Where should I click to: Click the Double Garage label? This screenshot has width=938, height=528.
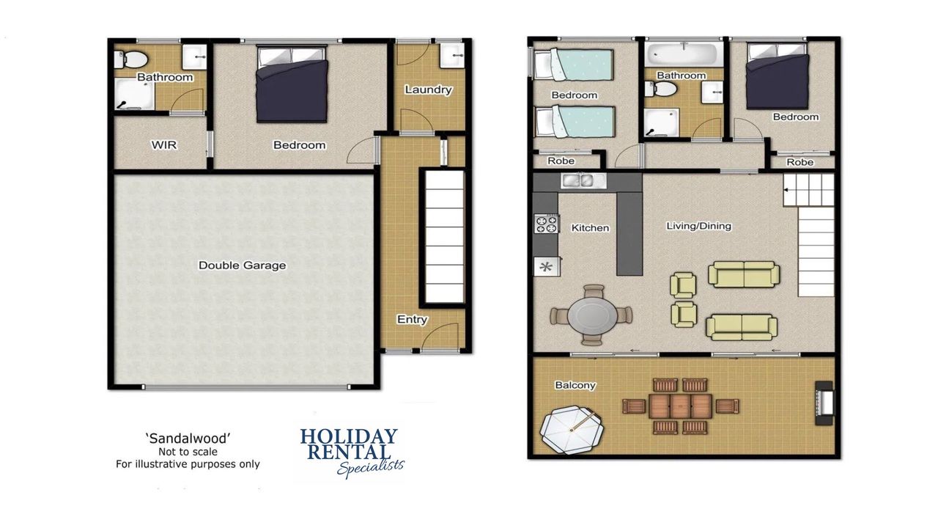[x=242, y=265]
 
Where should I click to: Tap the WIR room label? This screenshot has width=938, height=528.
[x=163, y=145]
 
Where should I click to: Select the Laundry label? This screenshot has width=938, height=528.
[x=428, y=89]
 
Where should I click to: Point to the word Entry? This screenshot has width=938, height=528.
[x=412, y=319]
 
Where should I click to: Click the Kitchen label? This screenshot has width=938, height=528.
[x=590, y=228]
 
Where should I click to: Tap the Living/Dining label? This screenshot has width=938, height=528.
[x=698, y=226]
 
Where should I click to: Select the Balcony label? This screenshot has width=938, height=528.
[x=575, y=385]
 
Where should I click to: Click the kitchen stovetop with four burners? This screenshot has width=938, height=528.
[x=547, y=224]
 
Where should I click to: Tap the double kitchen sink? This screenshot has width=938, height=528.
[x=583, y=180]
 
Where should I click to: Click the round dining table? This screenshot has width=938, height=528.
[x=592, y=315]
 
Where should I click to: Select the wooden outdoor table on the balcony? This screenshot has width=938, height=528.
[x=680, y=406]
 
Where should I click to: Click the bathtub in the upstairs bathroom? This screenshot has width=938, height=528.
[x=684, y=54]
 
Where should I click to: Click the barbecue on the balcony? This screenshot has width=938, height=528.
[x=824, y=403]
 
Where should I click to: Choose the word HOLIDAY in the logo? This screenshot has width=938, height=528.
[x=348, y=436]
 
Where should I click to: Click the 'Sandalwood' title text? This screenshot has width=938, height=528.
[x=188, y=439]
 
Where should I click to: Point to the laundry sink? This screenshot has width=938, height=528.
[x=452, y=55]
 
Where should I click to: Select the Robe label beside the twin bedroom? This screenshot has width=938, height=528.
[x=561, y=161]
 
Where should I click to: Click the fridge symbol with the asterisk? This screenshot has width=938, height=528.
[x=547, y=266]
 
